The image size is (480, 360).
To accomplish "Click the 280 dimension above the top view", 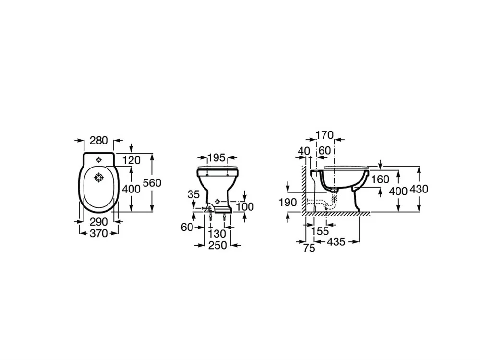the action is pos(98,140).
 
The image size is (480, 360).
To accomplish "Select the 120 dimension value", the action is pos(132,160).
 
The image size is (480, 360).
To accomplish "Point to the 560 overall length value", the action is pos(152,183).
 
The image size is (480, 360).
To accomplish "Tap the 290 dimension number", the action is pos(98,221).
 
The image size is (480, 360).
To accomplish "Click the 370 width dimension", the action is pos(98,233).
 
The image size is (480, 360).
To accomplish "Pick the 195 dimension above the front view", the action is pos(216,157).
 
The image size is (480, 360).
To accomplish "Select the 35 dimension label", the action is pos(193,194).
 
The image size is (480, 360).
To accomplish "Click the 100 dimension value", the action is pos(245,206).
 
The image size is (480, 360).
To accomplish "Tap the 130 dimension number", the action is pos(217,234).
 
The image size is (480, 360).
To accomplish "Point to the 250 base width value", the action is pos(217,245).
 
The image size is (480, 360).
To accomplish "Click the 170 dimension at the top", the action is pos(324,135).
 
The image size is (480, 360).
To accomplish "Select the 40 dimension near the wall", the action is pos(304,151).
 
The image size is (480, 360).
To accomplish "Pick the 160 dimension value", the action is pos(380,179).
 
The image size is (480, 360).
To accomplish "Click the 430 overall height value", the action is pos(419,189).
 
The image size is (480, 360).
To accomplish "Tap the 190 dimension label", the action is pos(288,203).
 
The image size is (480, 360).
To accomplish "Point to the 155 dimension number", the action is pos(320,231).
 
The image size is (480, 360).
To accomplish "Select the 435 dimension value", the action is pos(336,242).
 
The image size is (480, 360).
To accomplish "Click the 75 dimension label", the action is pos(309,248).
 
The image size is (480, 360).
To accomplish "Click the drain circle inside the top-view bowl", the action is pos(98,177).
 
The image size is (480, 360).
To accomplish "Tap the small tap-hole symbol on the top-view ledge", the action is pos(98,159).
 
